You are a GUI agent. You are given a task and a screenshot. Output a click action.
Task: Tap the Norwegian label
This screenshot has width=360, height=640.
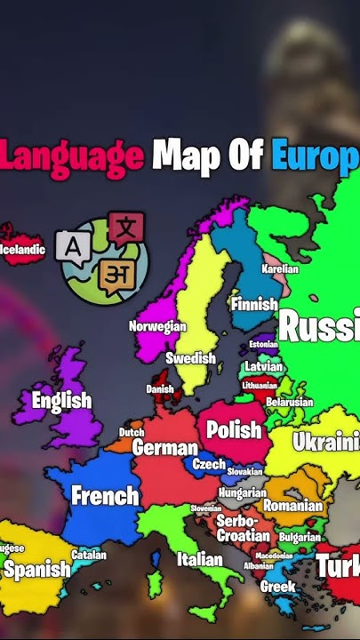click(x=157, y=326)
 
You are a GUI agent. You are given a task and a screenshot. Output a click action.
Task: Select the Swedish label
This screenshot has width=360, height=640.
click(x=191, y=358)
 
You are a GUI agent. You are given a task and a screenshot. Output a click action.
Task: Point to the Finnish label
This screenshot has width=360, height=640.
click(x=254, y=304)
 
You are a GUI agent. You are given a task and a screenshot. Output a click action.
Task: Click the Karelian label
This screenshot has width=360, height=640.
click(x=280, y=268)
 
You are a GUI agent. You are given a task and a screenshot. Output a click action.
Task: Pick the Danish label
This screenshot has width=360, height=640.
click(x=160, y=389)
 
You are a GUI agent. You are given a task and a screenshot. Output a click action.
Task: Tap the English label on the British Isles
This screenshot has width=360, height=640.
click(x=61, y=400)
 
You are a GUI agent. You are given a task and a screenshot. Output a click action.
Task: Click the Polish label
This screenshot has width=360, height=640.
click(x=234, y=430)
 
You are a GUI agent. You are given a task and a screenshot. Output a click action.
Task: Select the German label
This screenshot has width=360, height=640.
click(x=164, y=448)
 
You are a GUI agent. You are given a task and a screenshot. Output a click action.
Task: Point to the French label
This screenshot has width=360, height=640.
click(x=105, y=495)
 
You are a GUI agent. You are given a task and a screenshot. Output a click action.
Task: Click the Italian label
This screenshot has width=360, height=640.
click(x=199, y=559)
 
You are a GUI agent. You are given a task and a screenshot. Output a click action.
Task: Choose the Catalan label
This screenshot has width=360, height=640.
click(x=89, y=555)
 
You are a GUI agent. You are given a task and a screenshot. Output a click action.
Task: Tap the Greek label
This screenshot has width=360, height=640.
click(x=277, y=587)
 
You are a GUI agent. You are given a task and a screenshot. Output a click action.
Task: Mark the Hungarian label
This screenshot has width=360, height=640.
click(x=242, y=492)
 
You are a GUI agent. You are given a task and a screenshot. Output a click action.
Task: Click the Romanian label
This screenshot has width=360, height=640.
click(x=292, y=505)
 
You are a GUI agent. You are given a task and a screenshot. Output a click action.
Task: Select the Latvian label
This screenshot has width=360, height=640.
click(x=263, y=366)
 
